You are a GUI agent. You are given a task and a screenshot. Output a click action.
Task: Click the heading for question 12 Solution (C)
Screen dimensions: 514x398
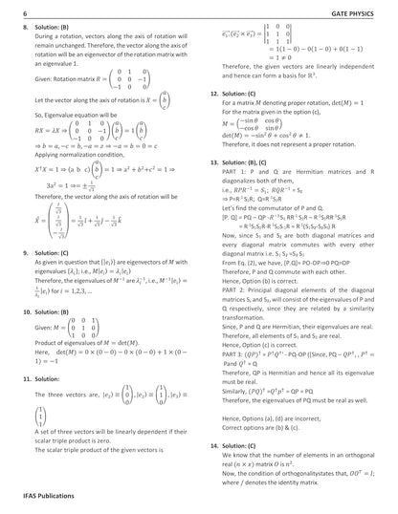(237, 95)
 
